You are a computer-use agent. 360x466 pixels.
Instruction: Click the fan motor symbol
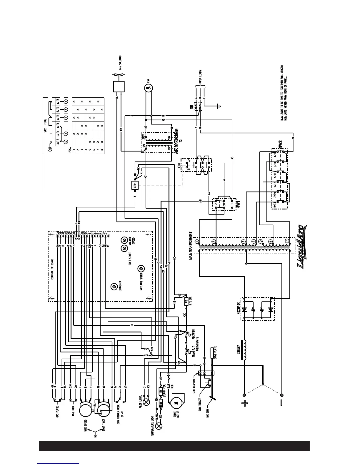coord(148,87)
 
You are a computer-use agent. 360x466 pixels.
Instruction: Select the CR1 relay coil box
coord(135,185)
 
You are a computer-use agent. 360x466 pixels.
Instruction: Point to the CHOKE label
coord(239,350)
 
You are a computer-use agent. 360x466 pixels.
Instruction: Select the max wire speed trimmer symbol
coord(141,268)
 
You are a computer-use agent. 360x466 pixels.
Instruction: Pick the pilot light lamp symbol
coord(144,401)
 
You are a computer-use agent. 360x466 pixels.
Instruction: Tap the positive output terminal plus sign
coord(244,404)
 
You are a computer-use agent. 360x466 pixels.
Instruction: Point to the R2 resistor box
coord(186,301)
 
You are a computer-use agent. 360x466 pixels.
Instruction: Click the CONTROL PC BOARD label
coord(52,269)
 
